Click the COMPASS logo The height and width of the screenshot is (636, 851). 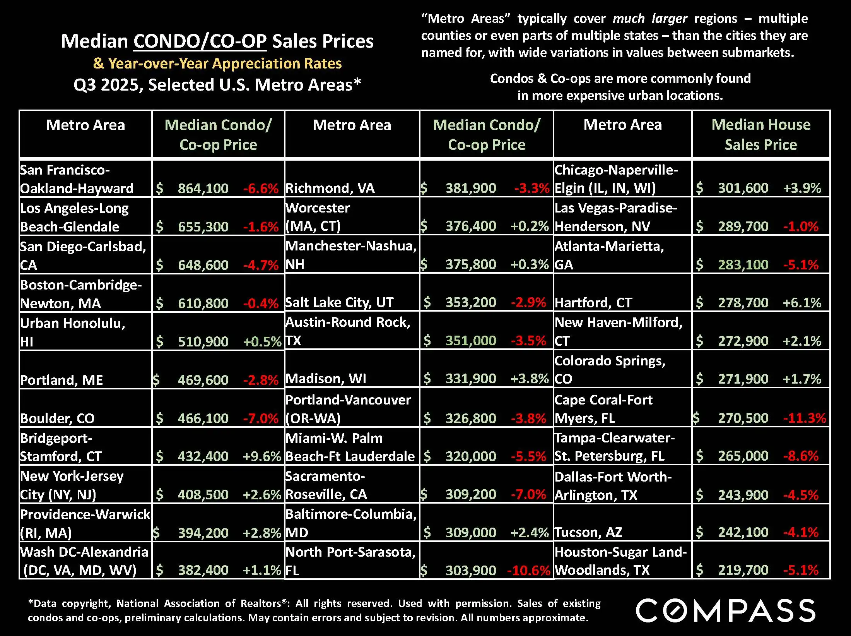[x=726, y=610]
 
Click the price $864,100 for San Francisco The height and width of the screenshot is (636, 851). [x=203, y=189]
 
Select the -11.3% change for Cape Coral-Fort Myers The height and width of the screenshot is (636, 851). [x=804, y=418]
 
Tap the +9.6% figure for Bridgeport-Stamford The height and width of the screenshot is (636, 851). [x=261, y=456]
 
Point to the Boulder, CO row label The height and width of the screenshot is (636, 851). [x=57, y=418]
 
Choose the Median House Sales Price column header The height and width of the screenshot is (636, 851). [x=760, y=134]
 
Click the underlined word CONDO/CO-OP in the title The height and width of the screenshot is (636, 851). [x=200, y=41]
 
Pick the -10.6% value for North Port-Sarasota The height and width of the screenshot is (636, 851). [x=528, y=570]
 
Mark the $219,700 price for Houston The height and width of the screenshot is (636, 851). [x=743, y=570]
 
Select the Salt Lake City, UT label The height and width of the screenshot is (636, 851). [x=339, y=302]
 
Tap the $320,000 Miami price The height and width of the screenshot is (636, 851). [x=471, y=456]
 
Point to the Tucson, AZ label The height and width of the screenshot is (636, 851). [x=588, y=533]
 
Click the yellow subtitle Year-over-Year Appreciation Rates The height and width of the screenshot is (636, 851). [x=225, y=63]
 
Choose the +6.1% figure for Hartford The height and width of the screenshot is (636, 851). [x=802, y=303]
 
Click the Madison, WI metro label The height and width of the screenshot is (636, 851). [x=326, y=379]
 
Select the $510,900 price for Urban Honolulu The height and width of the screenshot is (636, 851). [x=203, y=341]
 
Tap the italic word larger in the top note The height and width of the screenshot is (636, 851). [x=669, y=19]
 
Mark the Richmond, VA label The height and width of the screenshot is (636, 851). [x=330, y=188]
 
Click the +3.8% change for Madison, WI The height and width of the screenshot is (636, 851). [x=529, y=379]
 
